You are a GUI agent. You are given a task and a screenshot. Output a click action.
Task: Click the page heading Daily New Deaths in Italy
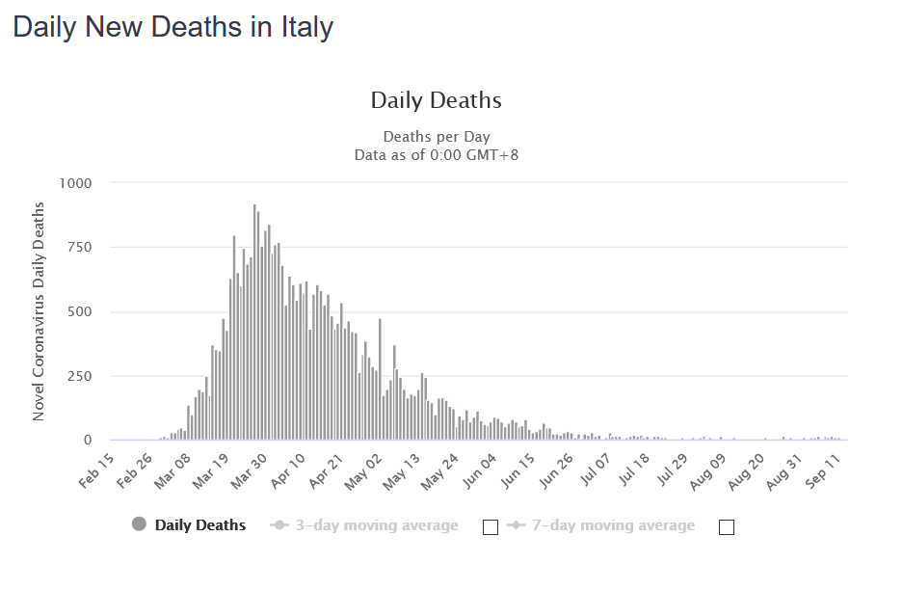(173, 27)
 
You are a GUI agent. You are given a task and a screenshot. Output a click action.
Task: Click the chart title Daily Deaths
(436, 100)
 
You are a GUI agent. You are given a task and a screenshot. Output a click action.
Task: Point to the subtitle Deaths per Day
(436, 137)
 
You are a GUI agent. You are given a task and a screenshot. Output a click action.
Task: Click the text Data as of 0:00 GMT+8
(436, 154)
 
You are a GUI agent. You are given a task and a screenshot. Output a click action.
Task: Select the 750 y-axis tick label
(77, 248)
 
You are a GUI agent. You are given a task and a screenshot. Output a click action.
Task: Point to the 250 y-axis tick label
(77, 376)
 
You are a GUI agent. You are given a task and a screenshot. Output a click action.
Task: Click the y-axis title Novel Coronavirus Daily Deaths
(40, 311)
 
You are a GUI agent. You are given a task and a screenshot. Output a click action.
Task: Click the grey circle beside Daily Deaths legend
(139, 525)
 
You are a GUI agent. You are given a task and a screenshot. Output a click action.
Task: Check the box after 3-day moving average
(490, 527)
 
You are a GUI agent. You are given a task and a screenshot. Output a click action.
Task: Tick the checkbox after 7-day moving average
(727, 527)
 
